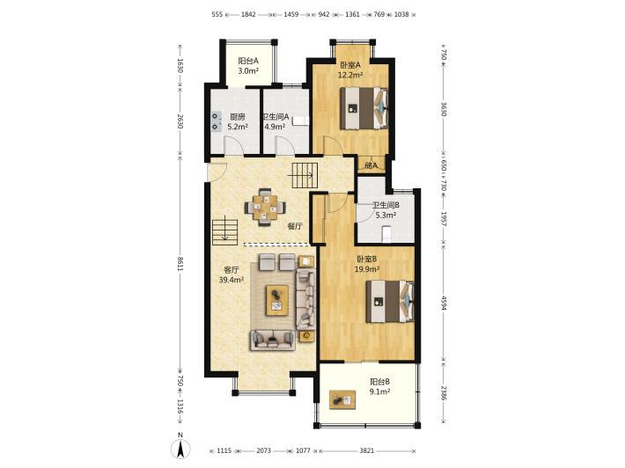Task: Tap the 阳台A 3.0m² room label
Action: [x=248, y=66]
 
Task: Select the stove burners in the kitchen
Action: [x=216, y=121]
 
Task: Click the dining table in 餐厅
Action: [x=265, y=207]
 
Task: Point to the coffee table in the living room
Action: [x=277, y=300]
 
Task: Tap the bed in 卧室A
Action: [x=364, y=108]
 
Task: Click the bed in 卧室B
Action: [x=390, y=302]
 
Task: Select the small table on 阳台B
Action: [x=342, y=399]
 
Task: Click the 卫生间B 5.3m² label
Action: [x=386, y=210]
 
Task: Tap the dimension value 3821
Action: [x=367, y=451]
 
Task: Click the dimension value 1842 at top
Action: [x=248, y=14]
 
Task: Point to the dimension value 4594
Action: [x=444, y=303]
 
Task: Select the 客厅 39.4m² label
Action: [x=232, y=275]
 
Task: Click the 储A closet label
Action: [x=371, y=165]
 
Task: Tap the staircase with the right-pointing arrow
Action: [x=305, y=175]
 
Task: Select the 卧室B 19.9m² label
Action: [x=367, y=264]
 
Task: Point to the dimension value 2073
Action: [x=263, y=451]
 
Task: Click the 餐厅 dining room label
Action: [x=295, y=226]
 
